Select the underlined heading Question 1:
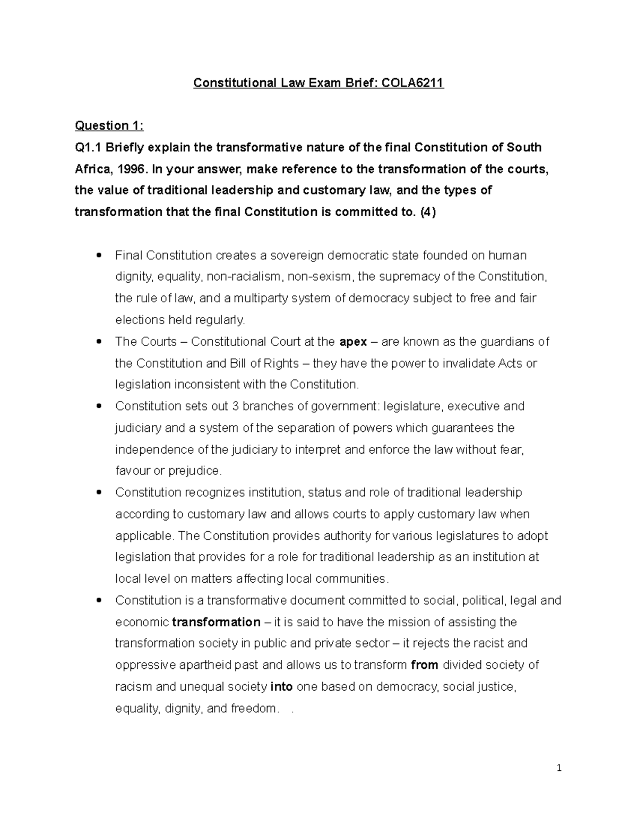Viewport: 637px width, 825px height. point(109,126)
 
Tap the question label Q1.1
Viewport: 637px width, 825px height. point(88,147)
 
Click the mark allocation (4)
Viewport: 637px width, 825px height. point(427,212)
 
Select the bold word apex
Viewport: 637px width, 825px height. point(353,342)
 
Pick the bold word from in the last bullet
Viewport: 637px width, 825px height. point(425,665)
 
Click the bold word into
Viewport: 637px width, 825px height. point(281,687)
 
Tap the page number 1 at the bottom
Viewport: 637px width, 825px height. point(559,768)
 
